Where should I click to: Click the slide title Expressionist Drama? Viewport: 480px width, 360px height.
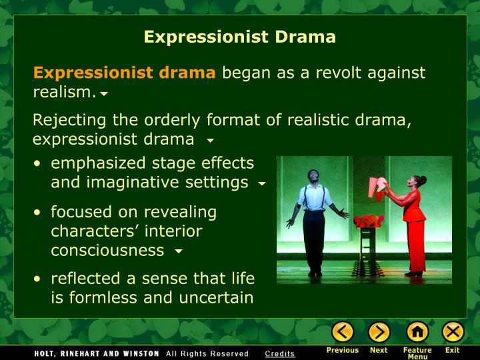(240, 37)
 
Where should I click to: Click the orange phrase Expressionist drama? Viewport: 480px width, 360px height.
(125, 73)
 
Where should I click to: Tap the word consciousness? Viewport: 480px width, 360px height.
(107, 250)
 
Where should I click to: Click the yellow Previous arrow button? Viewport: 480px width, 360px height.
(343, 332)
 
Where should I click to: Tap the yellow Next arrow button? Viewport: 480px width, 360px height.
(379, 332)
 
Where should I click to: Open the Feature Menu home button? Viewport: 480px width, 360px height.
(417, 332)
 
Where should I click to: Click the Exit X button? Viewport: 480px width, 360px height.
(453, 332)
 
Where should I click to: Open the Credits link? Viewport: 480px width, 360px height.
(279, 353)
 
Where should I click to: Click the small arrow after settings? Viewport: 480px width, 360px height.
(262, 183)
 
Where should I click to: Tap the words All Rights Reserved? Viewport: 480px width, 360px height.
(207, 353)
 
